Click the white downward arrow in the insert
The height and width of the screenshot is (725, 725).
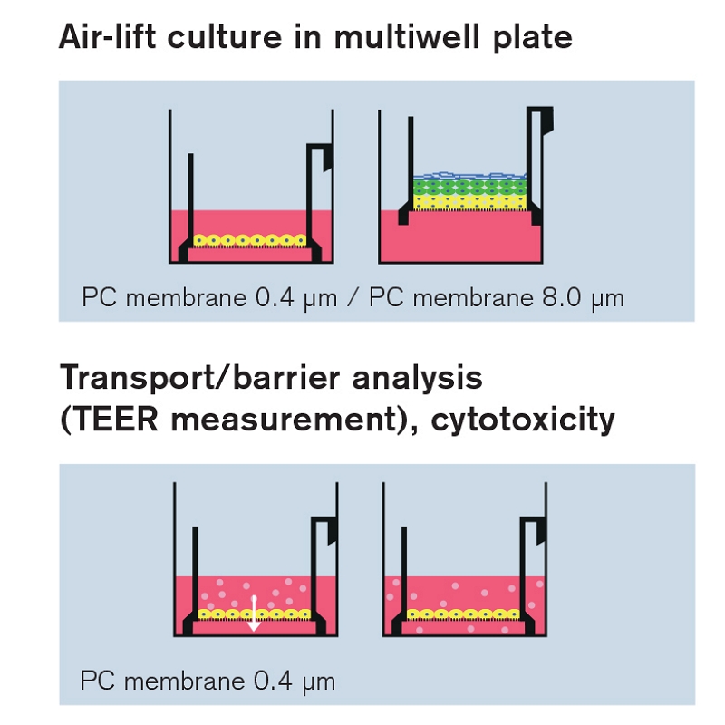(x=254, y=614)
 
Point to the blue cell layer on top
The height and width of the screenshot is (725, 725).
(x=467, y=174)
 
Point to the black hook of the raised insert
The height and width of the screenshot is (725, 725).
(x=545, y=118)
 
